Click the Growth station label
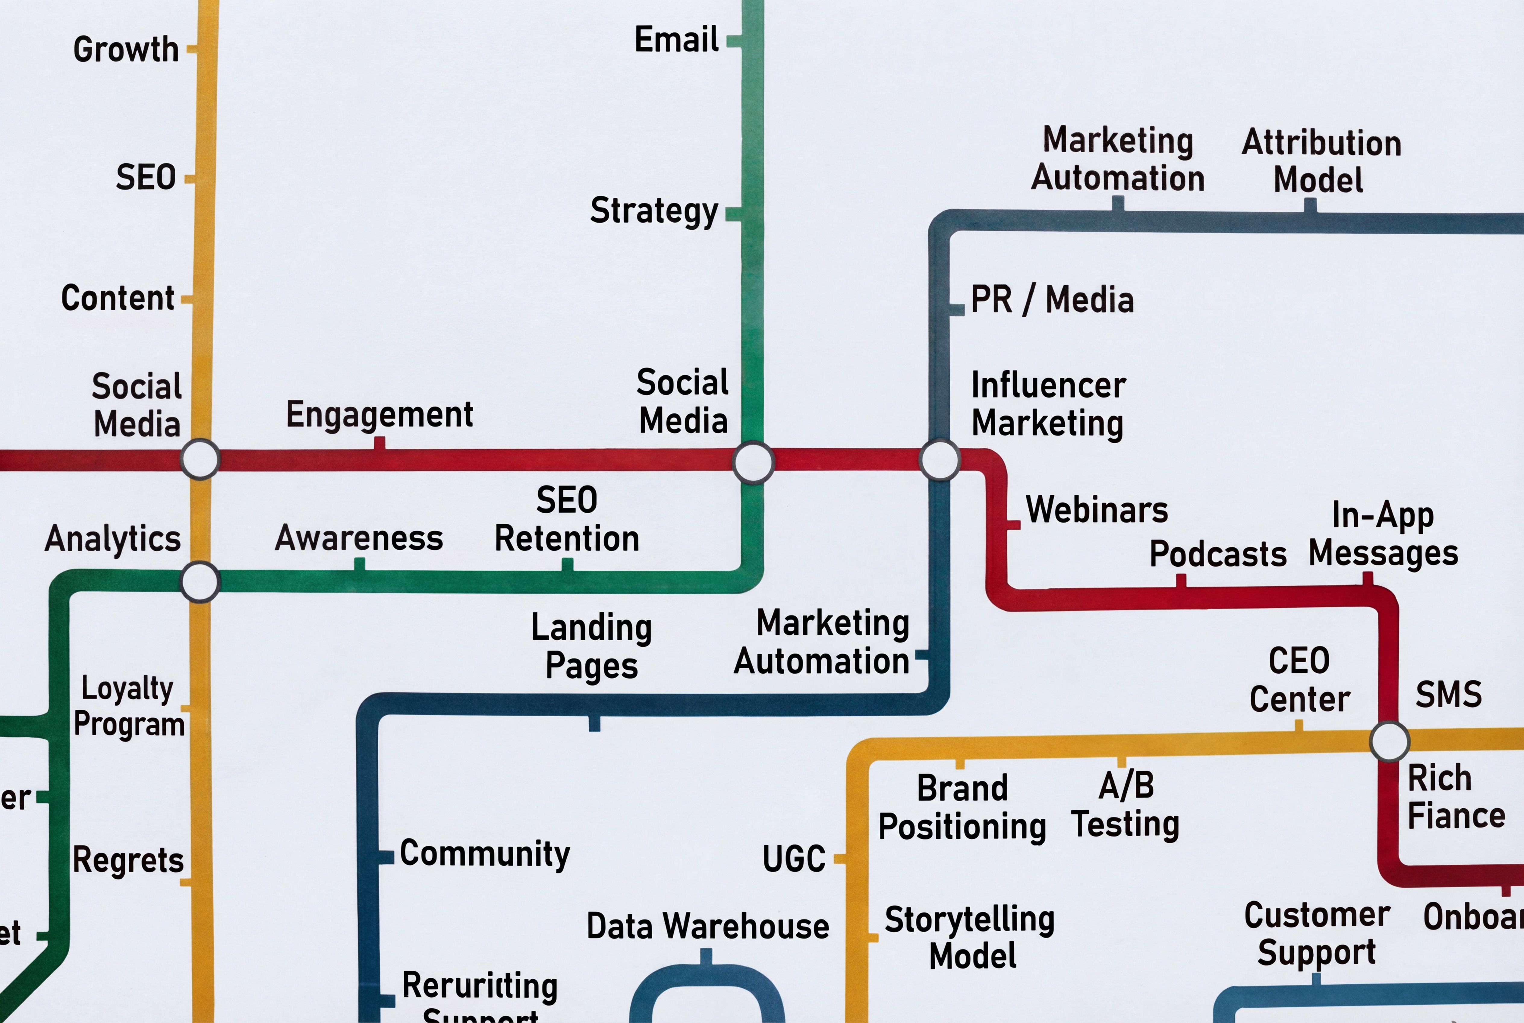click(x=126, y=49)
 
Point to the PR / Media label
click(x=1052, y=300)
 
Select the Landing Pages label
click(x=591, y=646)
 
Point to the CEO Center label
click(x=1299, y=680)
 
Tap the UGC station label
click(x=794, y=859)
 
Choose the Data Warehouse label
click(x=707, y=926)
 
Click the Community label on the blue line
click(x=484, y=854)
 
